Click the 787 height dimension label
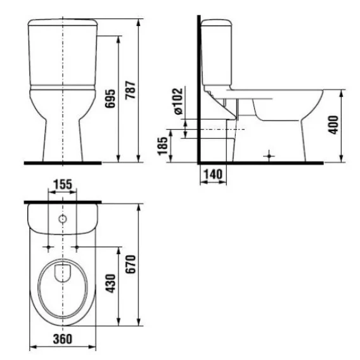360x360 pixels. [x=131, y=90]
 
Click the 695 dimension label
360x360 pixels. [x=110, y=99]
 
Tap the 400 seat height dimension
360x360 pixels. [x=333, y=125]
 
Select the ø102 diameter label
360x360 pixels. [x=178, y=101]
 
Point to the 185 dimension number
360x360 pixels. [x=162, y=146]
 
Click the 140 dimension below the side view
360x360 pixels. [x=214, y=174]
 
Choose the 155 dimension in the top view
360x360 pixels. [x=63, y=184]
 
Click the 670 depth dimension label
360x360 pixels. [x=131, y=264]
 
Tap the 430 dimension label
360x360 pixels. [x=110, y=283]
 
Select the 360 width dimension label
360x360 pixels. [x=63, y=339]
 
